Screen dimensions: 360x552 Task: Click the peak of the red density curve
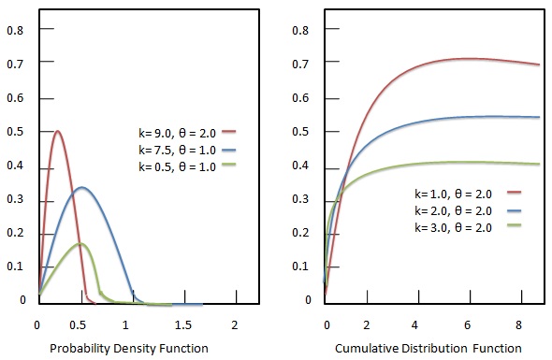click(58, 131)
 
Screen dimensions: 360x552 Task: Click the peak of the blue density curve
click(82, 188)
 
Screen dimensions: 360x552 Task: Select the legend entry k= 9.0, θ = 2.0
click(178, 132)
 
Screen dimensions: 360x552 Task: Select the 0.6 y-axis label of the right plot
click(301, 97)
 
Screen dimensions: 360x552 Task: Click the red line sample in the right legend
click(512, 192)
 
